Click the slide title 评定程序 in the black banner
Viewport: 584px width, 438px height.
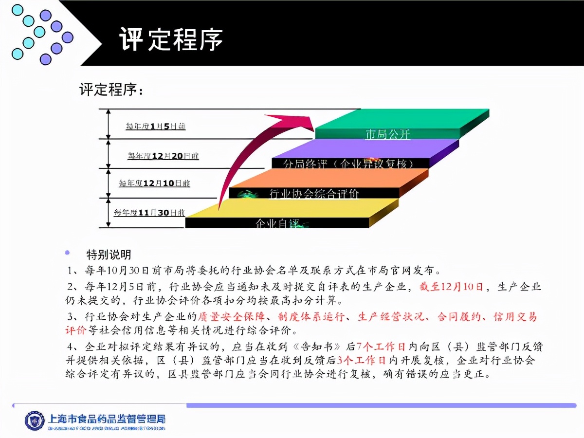(171, 39)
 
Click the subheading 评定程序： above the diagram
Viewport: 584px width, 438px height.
(111, 90)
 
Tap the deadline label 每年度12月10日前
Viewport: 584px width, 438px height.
(154, 183)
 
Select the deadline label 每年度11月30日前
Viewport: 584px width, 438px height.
(149, 213)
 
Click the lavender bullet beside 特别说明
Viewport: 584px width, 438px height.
(67, 253)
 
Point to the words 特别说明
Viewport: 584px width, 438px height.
(109, 255)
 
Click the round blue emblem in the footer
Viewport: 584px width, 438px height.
(35, 420)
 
